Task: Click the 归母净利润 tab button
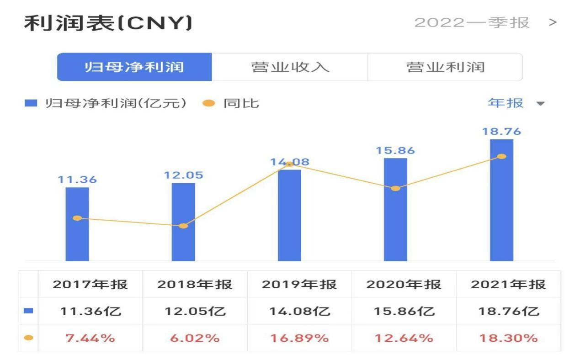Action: (x=134, y=67)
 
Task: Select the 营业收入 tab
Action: (x=290, y=67)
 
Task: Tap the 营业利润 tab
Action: (x=445, y=67)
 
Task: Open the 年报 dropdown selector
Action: (x=516, y=103)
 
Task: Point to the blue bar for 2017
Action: (x=77, y=224)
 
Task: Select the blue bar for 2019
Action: (x=289, y=215)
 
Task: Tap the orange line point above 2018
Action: (x=183, y=226)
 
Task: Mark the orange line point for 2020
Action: (x=395, y=188)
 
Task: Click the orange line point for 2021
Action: (x=501, y=156)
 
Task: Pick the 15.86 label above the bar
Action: (x=395, y=150)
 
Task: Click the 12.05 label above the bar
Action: (x=183, y=175)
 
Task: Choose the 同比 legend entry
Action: (x=232, y=103)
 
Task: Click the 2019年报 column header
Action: (x=299, y=285)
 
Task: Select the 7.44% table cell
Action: (x=90, y=338)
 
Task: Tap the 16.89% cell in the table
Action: (x=299, y=338)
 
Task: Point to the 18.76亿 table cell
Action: (x=508, y=312)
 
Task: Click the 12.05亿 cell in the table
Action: (x=195, y=312)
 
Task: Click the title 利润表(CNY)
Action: (x=108, y=23)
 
